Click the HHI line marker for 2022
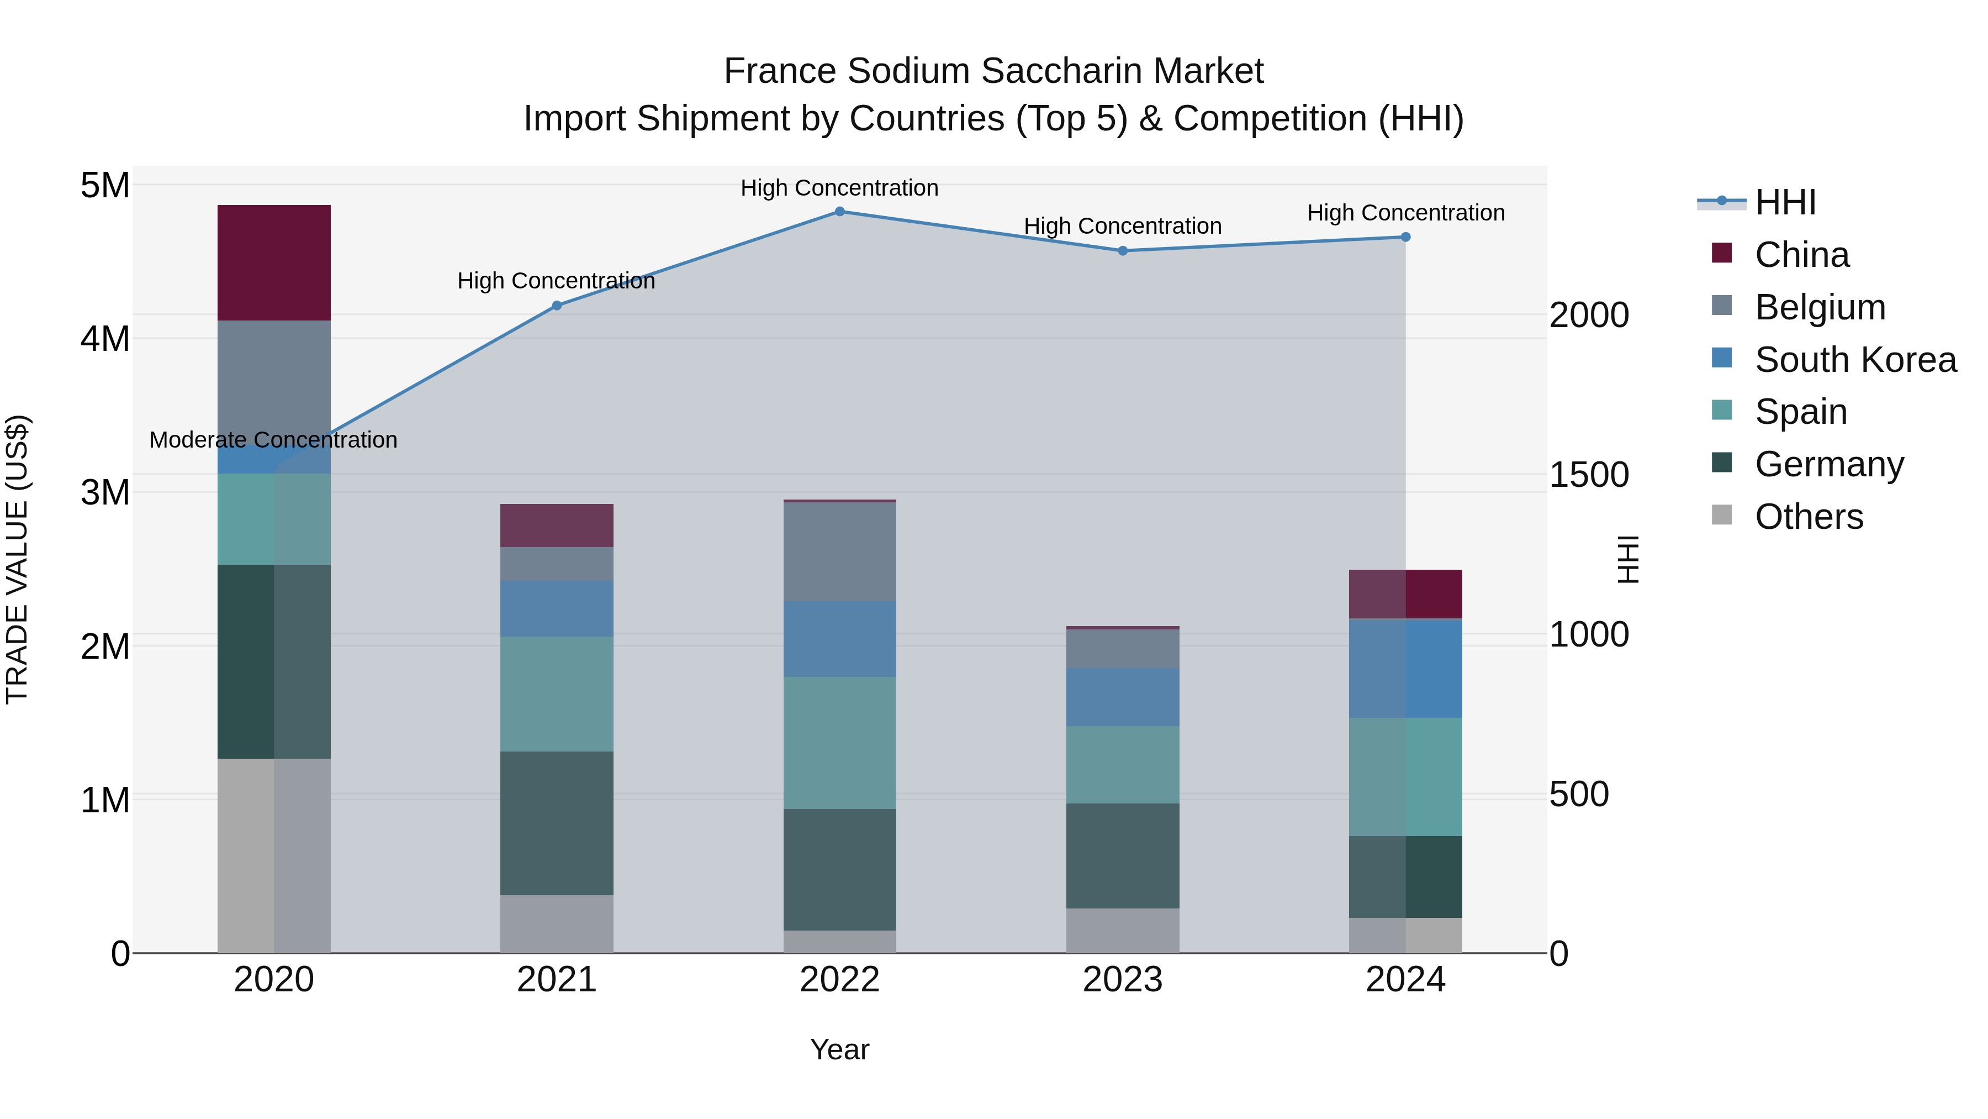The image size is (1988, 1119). point(839,211)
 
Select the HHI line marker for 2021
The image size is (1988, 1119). point(557,306)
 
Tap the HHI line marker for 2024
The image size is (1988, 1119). point(1405,237)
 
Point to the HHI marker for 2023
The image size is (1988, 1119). point(1123,250)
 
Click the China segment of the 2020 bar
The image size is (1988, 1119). point(274,262)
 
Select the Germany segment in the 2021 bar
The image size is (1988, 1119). point(557,823)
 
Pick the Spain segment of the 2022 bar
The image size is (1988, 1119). point(839,743)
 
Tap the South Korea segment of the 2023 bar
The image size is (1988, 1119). point(1123,697)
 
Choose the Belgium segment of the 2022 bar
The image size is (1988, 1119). point(839,551)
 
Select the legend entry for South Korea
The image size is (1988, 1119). point(1855,360)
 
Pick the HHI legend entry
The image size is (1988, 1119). point(1784,202)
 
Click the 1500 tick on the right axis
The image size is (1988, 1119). point(1588,474)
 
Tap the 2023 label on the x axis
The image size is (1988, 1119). point(1123,979)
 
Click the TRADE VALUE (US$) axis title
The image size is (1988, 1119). point(17,559)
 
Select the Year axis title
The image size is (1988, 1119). point(839,1049)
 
